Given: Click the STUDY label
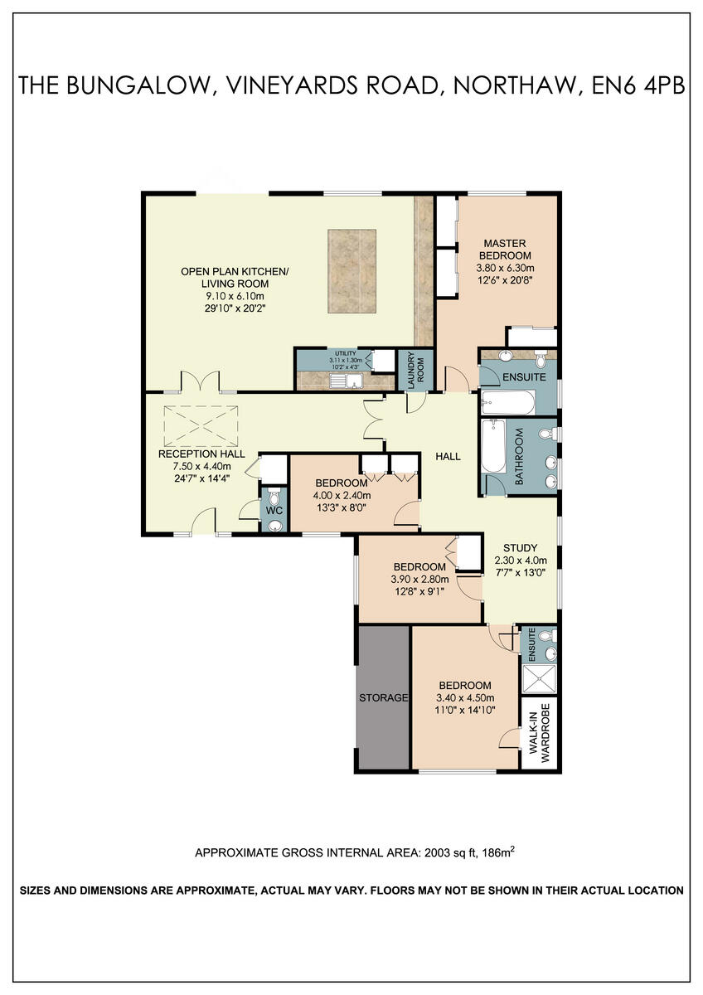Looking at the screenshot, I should (521, 548).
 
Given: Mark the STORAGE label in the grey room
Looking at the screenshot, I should (383, 698).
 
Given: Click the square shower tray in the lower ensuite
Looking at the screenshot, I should (540, 677).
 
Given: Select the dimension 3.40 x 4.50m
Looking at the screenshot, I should (465, 697).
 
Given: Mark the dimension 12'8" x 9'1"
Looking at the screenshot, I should (419, 591).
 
